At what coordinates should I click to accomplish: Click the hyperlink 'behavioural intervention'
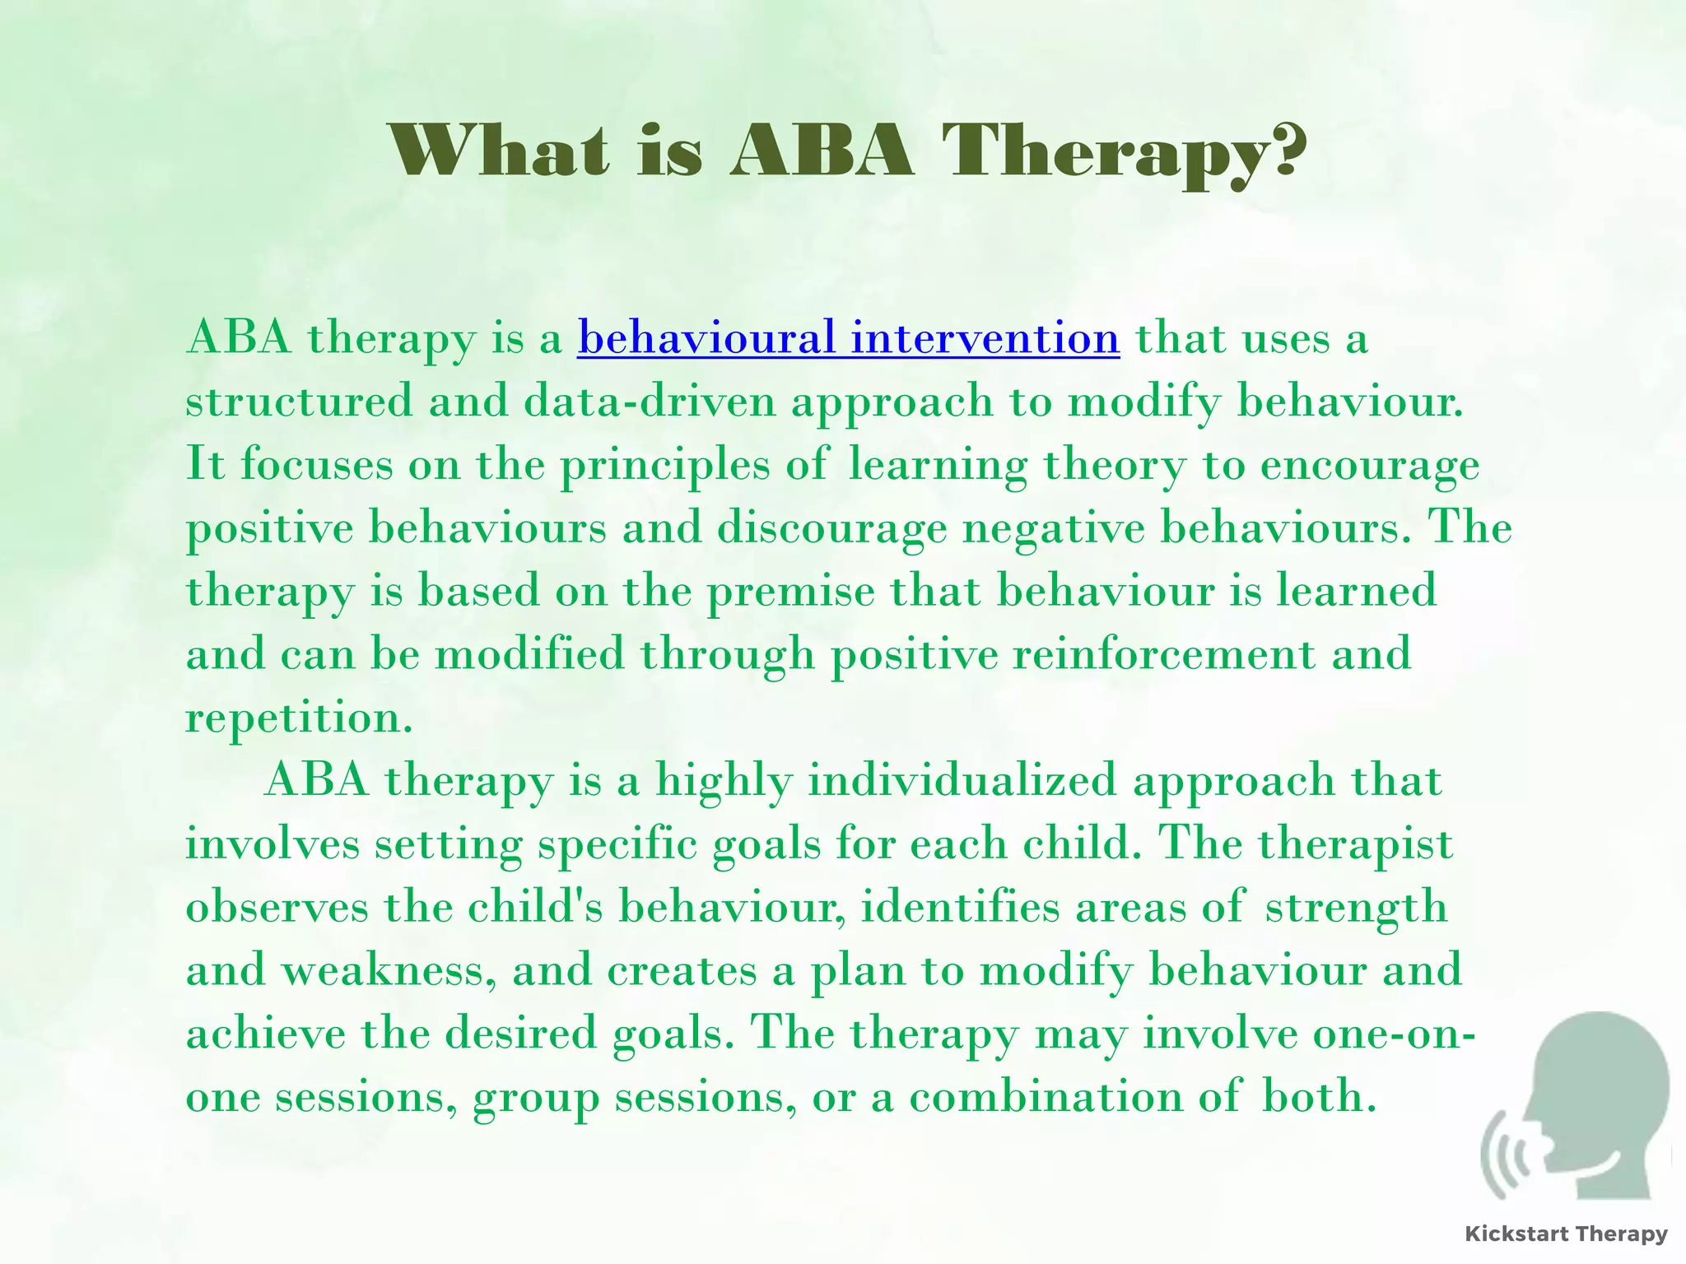[848, 338]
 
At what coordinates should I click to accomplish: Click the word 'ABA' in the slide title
[822, 151]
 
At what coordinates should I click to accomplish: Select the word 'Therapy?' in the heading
[1125, 153]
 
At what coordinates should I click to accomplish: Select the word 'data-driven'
[650, 402]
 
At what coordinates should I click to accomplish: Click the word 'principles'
[665, 465]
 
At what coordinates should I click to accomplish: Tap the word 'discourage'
[831, 528]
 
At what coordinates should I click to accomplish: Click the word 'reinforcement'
[1164, 655]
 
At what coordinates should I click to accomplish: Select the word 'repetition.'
[298, 718]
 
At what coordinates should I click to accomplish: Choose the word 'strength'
[1355, 908]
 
